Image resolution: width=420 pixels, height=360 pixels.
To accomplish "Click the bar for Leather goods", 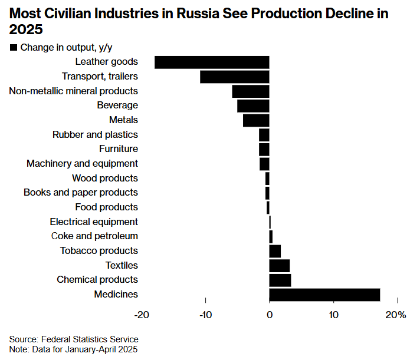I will [212, 62].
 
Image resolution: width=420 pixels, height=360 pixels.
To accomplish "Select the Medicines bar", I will [324, 294].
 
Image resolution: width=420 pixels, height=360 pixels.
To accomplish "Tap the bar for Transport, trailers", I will [235, 77].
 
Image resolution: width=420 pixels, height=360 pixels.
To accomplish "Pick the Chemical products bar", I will [280, 280].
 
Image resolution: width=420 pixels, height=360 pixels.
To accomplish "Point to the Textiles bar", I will [280, 265].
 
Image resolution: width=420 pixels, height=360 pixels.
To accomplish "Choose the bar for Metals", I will [256, 120].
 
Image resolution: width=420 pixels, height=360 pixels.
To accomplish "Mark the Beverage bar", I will [253, 105].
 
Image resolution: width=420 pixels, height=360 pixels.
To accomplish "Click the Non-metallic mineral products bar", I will [251, 91].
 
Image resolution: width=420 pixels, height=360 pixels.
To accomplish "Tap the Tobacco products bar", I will [275, 251].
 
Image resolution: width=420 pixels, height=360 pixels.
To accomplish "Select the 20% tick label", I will [396, 315].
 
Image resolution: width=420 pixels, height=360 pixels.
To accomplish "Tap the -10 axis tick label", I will [205, 315].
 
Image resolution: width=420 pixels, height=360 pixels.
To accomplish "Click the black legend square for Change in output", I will [13, 48].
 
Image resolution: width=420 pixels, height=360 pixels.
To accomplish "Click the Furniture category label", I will [118, 149].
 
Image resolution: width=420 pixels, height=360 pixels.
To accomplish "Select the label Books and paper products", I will [81, 193].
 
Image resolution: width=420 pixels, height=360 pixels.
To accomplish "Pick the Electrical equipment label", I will [94, 222].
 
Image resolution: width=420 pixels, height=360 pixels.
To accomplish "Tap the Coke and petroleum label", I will [94, 236].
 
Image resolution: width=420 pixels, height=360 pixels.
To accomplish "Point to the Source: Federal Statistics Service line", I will [74, 339].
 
